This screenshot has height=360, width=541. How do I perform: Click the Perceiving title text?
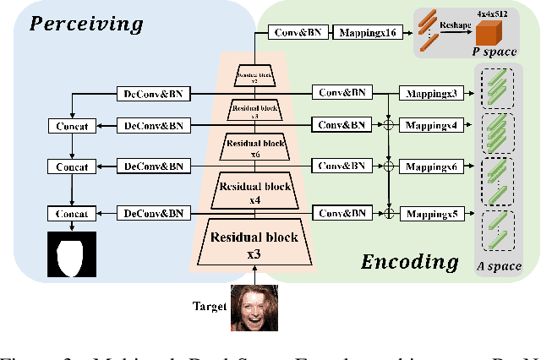pyautogui.click(x=86, y=23)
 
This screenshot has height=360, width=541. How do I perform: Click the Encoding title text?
pyautogui.click(x=410, y=261)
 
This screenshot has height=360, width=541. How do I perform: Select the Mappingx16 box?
pyautogui.click(x=369, y=33)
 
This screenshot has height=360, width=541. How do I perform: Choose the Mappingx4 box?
pyautogui.click(x=431, y=125)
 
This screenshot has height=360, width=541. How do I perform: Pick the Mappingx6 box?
pyautogui.click(x=431, y=167)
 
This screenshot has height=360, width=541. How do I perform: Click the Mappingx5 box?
pyautogui.click(x=431, y=214)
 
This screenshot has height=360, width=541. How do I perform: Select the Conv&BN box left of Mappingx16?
pyautogui.click(x=296, y=33)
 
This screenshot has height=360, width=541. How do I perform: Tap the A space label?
pyautogui.click(x=498, y=268)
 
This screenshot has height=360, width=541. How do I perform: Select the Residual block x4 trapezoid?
pyautogui.click(x=254, y=192)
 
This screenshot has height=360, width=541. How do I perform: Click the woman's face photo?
pyautogui.click(x=254, y=308)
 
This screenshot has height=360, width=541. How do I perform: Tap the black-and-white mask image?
pyautogui.click(x=72, y=256)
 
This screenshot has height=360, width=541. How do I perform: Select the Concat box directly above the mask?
pyautogui.click(x=72, y=214)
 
